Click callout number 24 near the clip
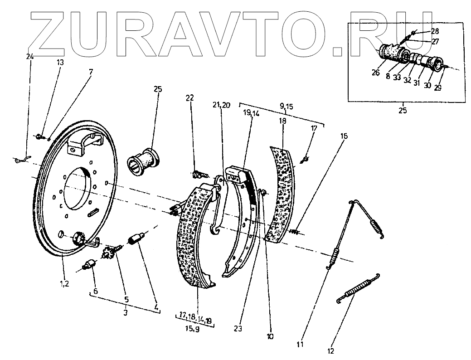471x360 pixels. coord(30,57)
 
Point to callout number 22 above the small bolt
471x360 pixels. coord(189,98)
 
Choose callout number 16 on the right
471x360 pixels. coord(345,136)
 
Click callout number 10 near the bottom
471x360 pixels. coord(270,337)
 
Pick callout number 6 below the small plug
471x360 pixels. coord(95,291)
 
